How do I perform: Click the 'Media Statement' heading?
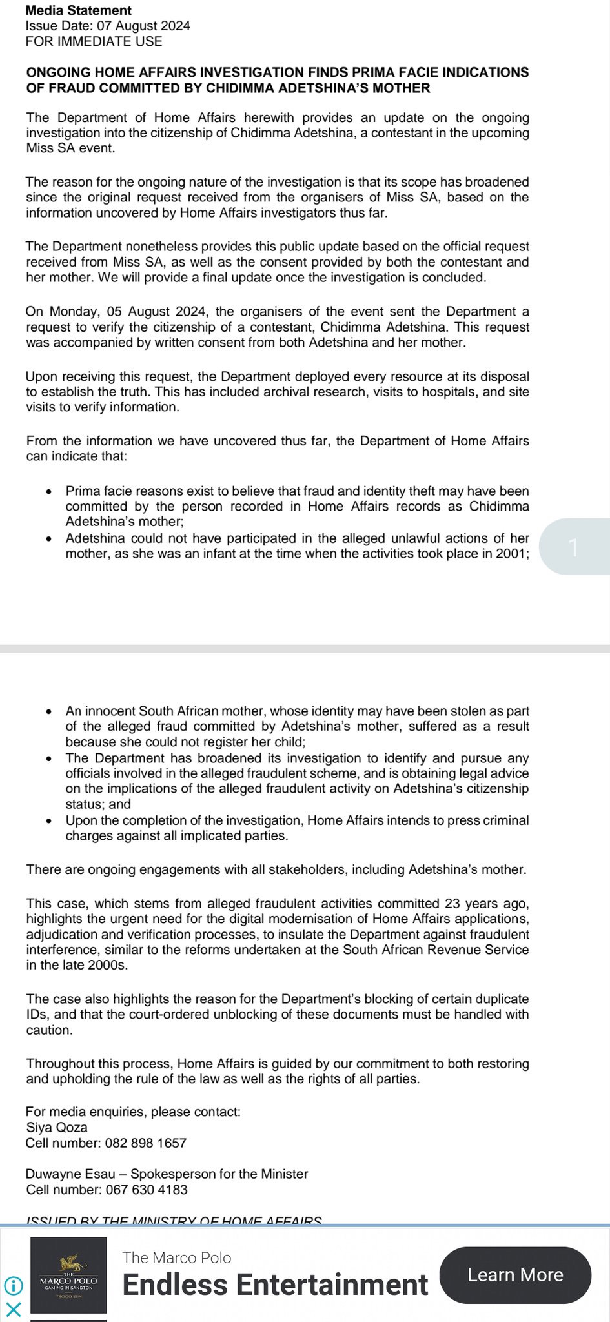point(79,10)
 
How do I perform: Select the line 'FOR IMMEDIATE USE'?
point(94,41)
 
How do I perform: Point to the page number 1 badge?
point(574,547)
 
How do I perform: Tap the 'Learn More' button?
point(515,1274)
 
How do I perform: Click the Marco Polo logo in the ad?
point(68,1275)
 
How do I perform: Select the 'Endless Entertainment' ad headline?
point(275,1284)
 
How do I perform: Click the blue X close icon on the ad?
point(13,1309)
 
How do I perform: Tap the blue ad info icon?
point(13,1285)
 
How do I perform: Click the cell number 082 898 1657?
point(146,1143)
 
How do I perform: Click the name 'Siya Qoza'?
point(57,1127)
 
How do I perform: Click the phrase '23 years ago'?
point(487,903)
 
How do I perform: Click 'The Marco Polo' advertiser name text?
point(177,1257)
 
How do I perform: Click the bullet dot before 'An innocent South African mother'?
point(50,711)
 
